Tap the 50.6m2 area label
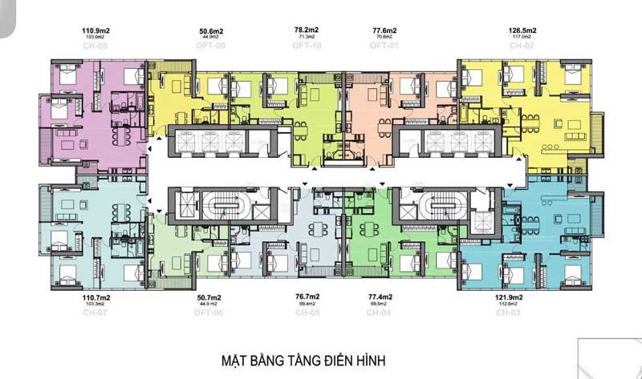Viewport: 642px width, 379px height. point(211,31)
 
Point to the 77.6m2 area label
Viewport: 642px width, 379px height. point(382,30)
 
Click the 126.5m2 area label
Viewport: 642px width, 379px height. point(522,31)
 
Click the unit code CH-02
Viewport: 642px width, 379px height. point(522,46)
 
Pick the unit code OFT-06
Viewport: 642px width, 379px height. point(212,312)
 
